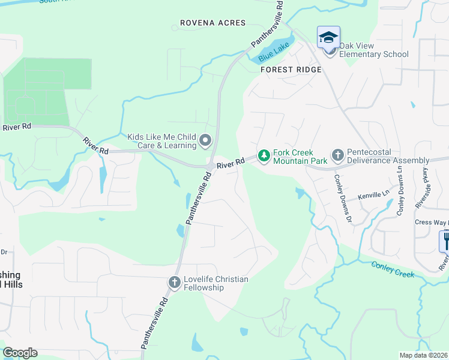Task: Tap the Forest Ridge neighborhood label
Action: tap(291, 70)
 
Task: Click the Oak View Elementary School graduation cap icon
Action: tap(328, 38)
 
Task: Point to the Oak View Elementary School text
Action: tap(374, 50)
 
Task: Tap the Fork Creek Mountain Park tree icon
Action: tap(264, 156)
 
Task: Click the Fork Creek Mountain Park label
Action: tap(300, 157)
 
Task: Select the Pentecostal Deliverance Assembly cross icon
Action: tap(337, 156)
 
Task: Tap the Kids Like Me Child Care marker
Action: tap(205, 141)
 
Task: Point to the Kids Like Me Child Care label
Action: tap(162, 141)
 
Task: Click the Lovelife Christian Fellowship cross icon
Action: tap(174, 283)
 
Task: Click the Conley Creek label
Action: tap(393, 269)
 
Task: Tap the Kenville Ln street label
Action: tap(374, 196)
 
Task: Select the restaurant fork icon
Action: tap(445, 241)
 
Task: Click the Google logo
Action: tap(20, 353)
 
